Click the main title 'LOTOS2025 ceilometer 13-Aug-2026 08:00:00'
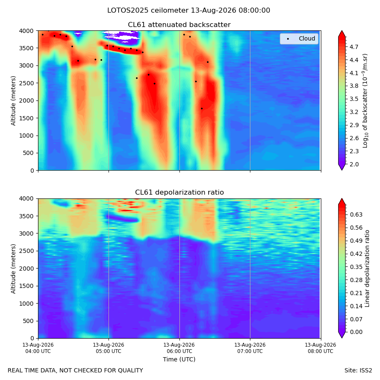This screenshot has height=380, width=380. click(189, 11)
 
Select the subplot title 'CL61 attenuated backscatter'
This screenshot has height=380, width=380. click(179, 25)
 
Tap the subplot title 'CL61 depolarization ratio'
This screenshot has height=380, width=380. click(179, 193)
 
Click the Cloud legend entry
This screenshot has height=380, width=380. click(299, 38)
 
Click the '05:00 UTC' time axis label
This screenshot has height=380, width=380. click(109, 351)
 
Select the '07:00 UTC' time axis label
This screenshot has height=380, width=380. click(250, 351)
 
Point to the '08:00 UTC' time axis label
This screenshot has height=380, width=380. click(320, 351)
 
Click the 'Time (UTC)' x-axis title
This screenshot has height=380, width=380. click(179, 359)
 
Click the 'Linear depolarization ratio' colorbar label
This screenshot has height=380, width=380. click(367, 269)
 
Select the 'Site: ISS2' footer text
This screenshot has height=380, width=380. click(358, 371)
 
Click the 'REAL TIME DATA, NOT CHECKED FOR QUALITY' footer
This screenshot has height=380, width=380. click(76, 371)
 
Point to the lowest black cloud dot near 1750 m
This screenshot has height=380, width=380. click(202, 109)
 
